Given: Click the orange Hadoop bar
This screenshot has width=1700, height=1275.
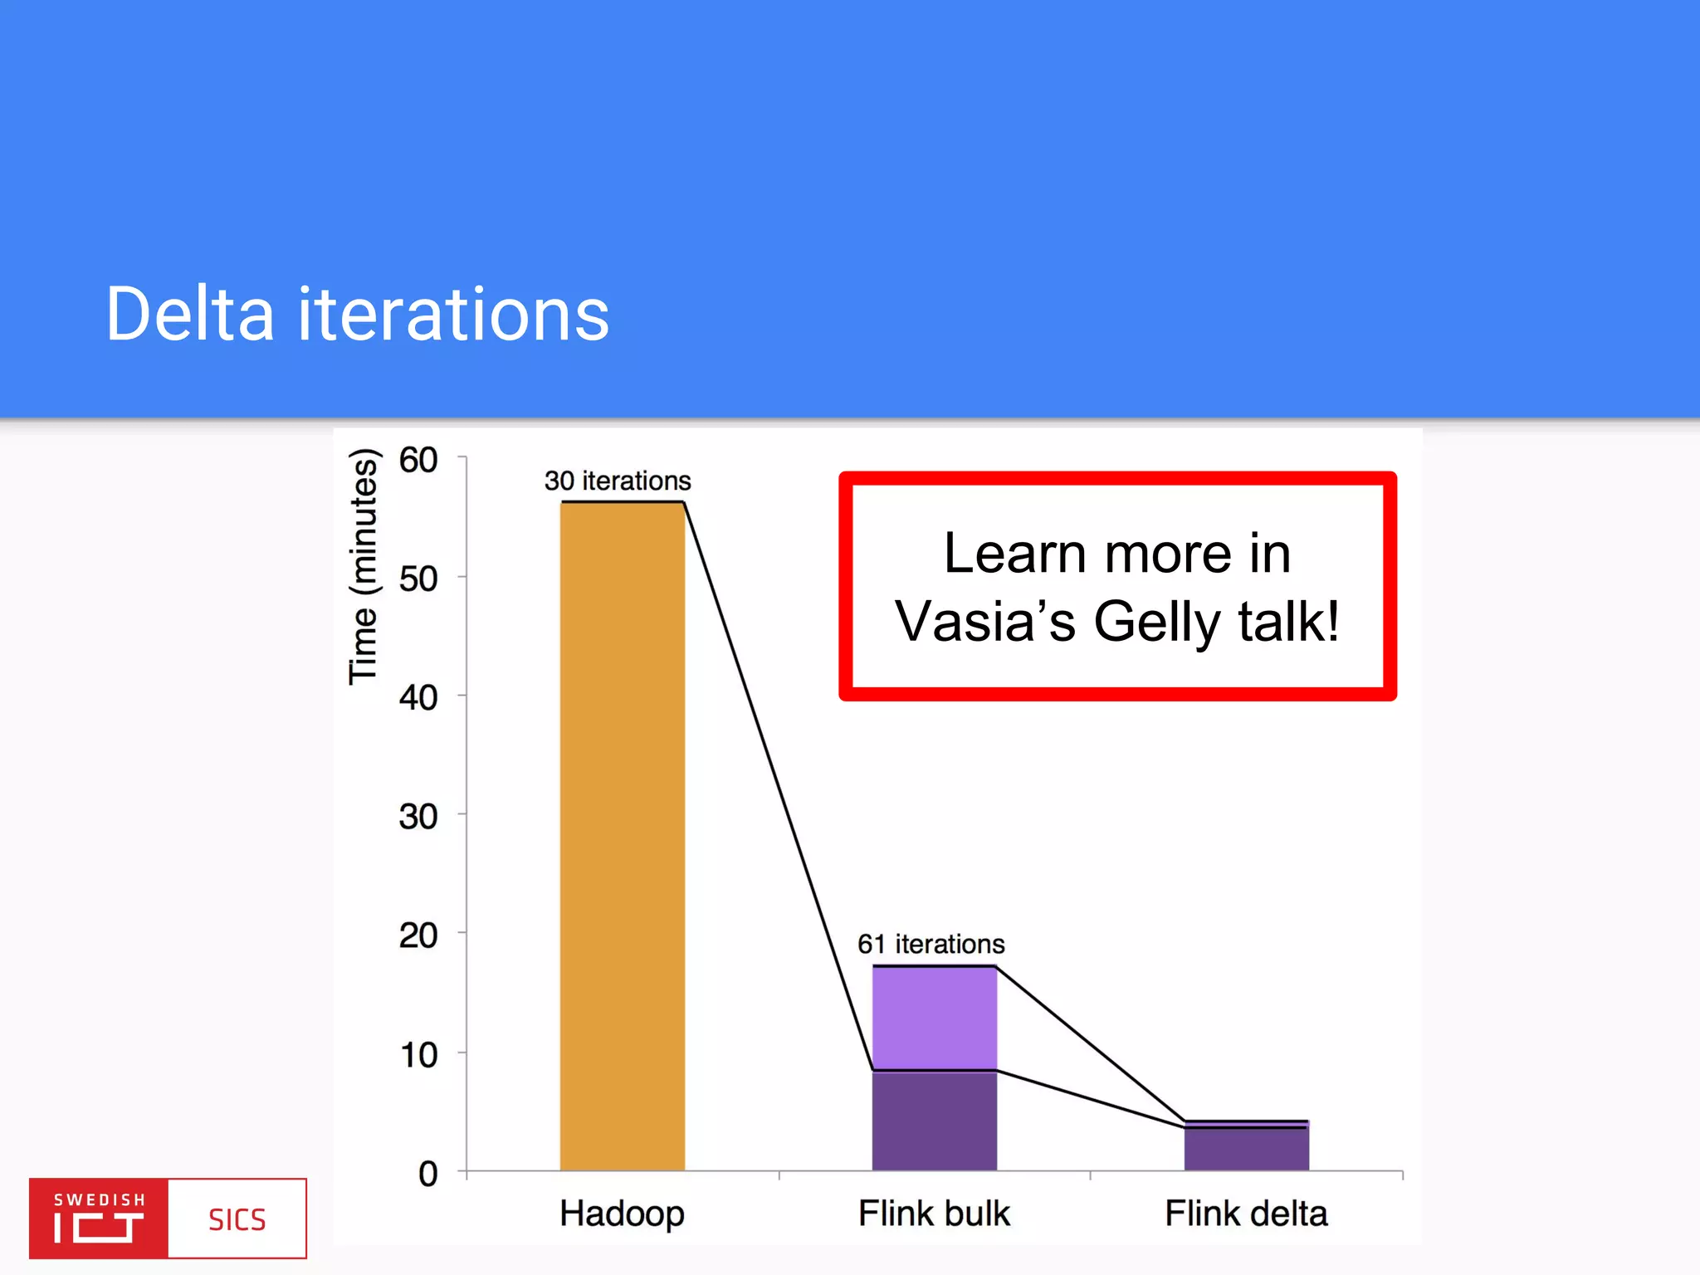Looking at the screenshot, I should [622, 835].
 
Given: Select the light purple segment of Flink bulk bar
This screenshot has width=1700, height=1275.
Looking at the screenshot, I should [934, 1018].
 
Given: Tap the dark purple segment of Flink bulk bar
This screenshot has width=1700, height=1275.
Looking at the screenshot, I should [934, 1121].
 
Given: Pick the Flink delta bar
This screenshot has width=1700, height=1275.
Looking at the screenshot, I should [1246, 1149].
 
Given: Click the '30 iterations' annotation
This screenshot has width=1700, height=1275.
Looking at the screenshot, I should [618, 481].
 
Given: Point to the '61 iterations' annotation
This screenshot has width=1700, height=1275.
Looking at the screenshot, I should [931, 944].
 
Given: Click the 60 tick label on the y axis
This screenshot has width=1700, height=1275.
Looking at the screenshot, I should [418, 460].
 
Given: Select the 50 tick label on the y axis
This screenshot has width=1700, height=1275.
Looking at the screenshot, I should [418, 579].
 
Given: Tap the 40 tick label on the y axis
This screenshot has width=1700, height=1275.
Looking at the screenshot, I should [418, 697].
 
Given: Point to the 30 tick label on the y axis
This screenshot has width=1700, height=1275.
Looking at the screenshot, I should [418, 817].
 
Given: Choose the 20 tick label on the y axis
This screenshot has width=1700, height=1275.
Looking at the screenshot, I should [418, 935].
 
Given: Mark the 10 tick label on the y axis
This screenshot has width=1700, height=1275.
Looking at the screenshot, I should [419, 1055].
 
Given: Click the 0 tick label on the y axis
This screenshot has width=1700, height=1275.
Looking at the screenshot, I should [428, 1174].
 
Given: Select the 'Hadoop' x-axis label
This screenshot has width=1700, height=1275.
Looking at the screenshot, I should [622, 1214].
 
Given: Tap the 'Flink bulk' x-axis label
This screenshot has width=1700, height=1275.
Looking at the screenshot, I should [934, 1214].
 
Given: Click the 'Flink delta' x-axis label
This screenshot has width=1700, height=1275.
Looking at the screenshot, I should [1246, 1214].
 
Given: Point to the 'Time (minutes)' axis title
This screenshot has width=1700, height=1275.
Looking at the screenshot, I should [363, 567].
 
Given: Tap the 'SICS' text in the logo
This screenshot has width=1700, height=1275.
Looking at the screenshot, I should [237, 1219].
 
